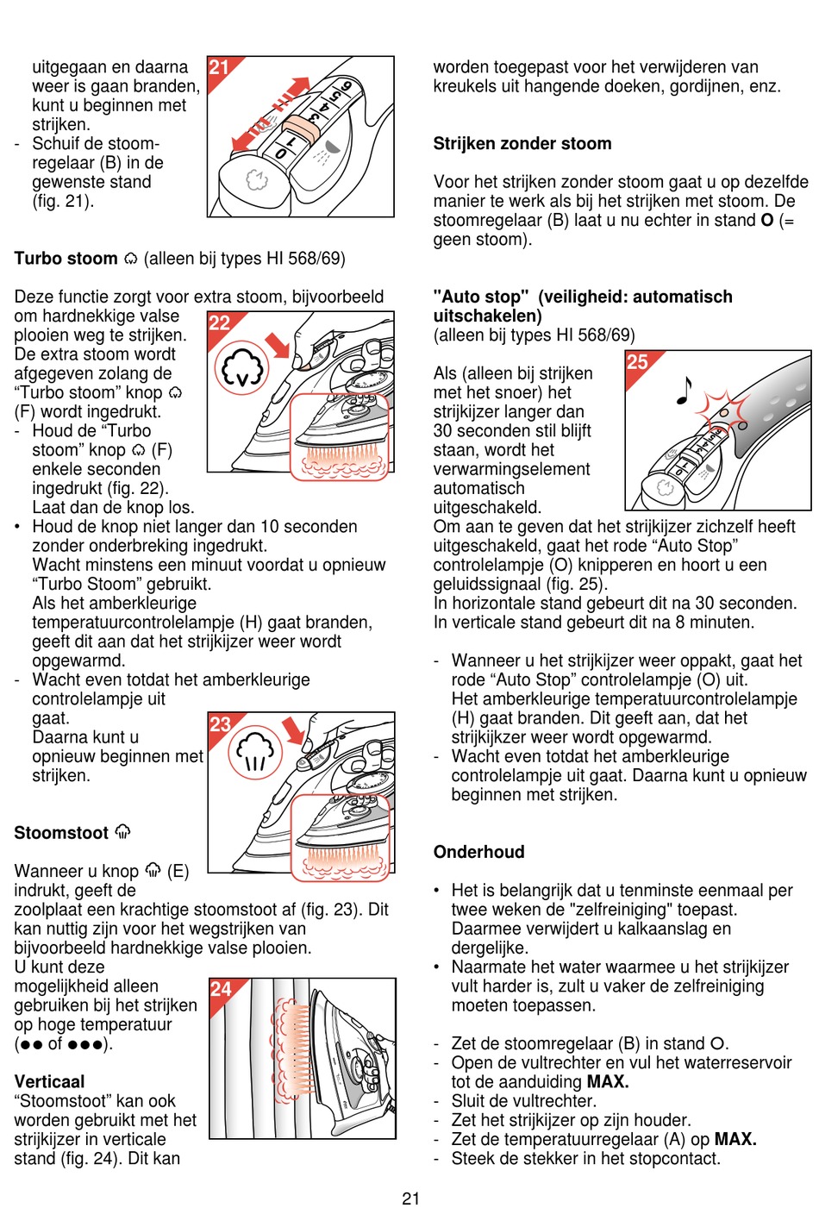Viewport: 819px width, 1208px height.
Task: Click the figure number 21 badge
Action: coord(219,67)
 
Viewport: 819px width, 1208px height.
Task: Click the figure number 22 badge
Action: coord(219,322)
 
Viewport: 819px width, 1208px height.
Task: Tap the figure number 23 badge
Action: coord(220,723)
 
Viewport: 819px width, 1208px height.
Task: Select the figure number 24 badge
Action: coord(220,989)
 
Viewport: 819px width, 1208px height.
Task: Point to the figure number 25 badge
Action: coord(636,361)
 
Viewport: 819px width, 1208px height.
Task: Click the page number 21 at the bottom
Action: coord(410,1198)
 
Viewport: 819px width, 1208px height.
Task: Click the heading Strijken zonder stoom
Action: coord(522,144)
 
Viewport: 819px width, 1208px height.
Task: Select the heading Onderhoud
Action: coord(478,852)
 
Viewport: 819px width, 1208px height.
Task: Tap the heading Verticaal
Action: coord(49,1081)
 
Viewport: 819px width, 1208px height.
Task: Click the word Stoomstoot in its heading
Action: coord(61,833)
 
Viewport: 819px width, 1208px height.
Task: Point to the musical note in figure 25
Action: coord(684,390)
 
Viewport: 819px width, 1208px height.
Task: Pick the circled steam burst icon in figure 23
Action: coord(255,751)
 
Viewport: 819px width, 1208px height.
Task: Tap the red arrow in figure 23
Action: coord(294,729)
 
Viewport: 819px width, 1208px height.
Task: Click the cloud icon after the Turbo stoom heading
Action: coord(131,259)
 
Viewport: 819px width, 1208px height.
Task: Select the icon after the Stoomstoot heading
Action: coord(123,832)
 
